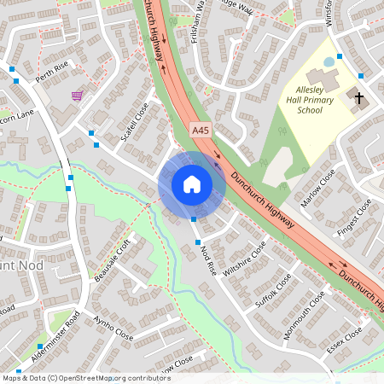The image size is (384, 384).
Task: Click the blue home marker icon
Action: pyautogui.click(x=192, y=184)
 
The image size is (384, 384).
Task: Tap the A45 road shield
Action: pyautogui.click(x=200, y=130)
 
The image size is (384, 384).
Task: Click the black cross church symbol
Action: pyautogui.click(x=358, y=98)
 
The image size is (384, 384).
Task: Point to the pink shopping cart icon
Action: pyautogui.click(x=78, y=96)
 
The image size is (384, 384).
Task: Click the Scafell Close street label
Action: pyautogui.click(x=136, y=122)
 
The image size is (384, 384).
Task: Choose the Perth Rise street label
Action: pyautogui.click(x=50, y=77)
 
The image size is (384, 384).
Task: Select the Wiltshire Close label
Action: pyautogui.click(x=244, y=258)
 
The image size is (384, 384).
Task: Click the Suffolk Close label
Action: pyautogui.click(x=273, y=291)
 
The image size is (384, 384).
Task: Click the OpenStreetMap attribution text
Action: pyautogui.click(x=86, y=377)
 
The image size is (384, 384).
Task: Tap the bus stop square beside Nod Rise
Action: pyautogui.click(x=195, y=219)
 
